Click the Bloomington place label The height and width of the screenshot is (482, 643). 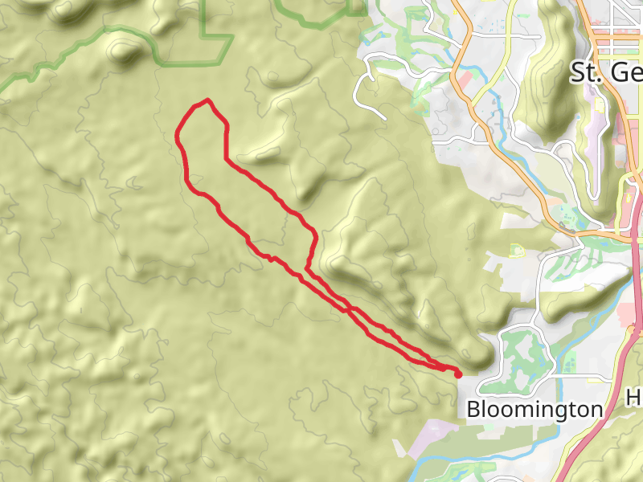tap(534, 409)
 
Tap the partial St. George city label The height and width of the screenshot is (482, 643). tap(606, 73)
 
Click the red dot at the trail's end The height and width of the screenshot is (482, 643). tap(458, 374)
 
